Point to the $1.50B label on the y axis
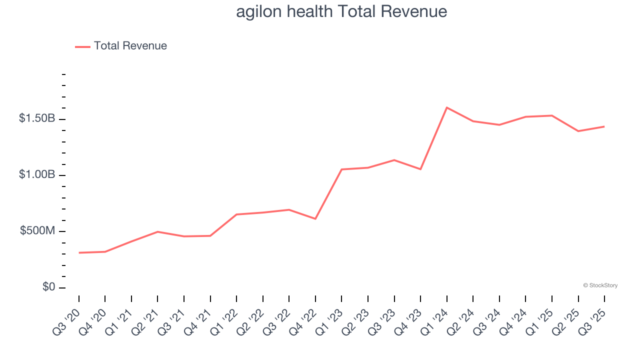(x=37, y=119)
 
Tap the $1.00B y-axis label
(x=37, y=175)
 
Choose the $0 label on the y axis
(x=49, y=287)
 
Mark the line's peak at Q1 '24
(x=446, y=107)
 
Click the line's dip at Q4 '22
(x=315, y=218)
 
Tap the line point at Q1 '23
(x=341, y=169)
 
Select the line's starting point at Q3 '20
(x=79, y=252)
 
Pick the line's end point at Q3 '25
(x=604, y=126)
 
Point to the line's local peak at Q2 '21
(x=158, y=231)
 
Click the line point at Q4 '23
(x=420, y=169)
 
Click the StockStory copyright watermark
(x=600, y=285)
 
